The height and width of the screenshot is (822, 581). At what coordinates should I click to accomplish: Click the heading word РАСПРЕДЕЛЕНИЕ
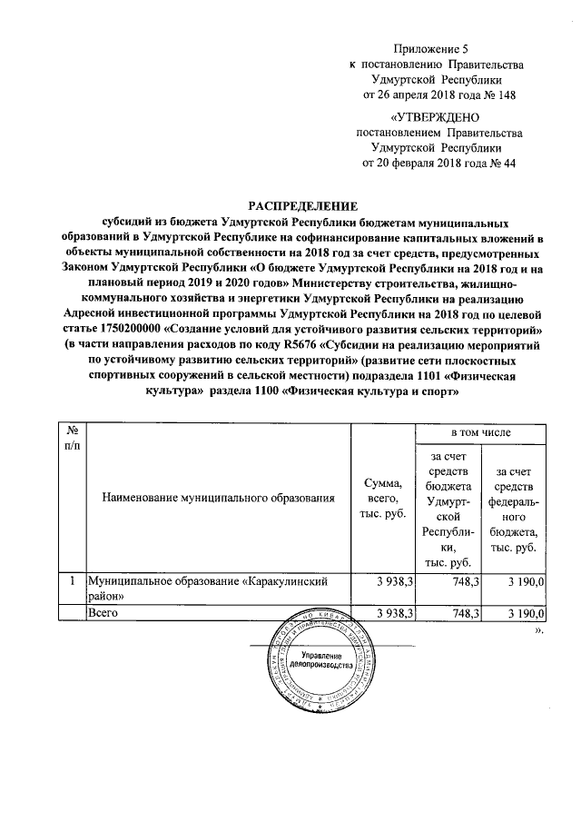(x=290, y=206)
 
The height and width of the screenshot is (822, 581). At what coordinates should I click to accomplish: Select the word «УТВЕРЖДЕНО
(x=435, y=117)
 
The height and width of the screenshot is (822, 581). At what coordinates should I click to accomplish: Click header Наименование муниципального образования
(x=219, y=498)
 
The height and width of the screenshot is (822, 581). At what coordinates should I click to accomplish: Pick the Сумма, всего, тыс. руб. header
(x=382, y=498)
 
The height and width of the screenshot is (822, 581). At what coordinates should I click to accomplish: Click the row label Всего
(x=103, y=615)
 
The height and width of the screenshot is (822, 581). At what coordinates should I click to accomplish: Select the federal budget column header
(x=515, y=510)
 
